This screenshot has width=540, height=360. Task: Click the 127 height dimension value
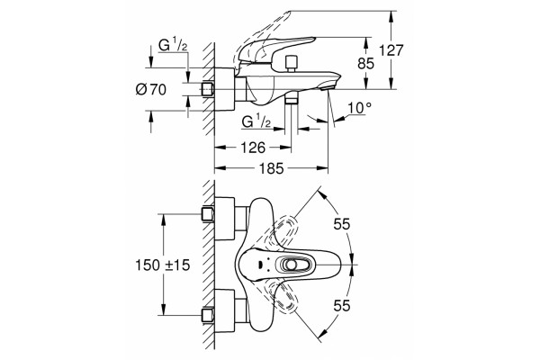pos(391,50)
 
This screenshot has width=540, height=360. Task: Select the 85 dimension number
pos(365,64)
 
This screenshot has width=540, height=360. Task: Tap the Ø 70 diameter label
pos(151,90)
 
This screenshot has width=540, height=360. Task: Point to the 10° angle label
pos(359,108)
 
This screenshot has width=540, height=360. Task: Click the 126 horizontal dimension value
pos(253,148)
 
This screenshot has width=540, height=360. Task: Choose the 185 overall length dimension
pos(272,168)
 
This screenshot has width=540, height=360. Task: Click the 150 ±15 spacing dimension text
pos(163,265)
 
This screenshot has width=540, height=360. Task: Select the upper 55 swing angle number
pos(342,224)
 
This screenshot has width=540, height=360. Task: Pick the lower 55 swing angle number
pos(342,306)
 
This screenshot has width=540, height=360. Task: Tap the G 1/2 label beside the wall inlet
pos(173,45)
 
